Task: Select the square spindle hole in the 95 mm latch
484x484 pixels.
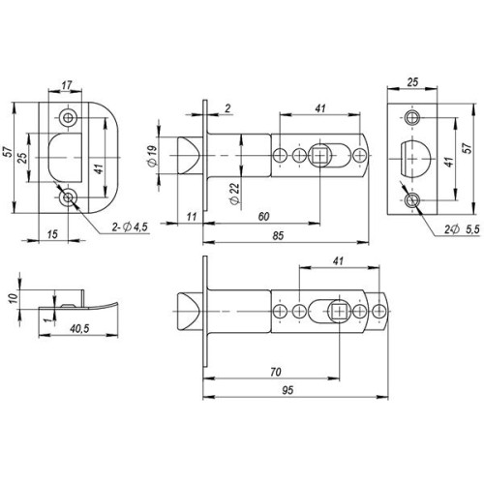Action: coord(339,312)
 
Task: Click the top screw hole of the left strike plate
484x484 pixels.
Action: coord(69,117)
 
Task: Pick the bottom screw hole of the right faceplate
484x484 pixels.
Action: coord(414,200)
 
